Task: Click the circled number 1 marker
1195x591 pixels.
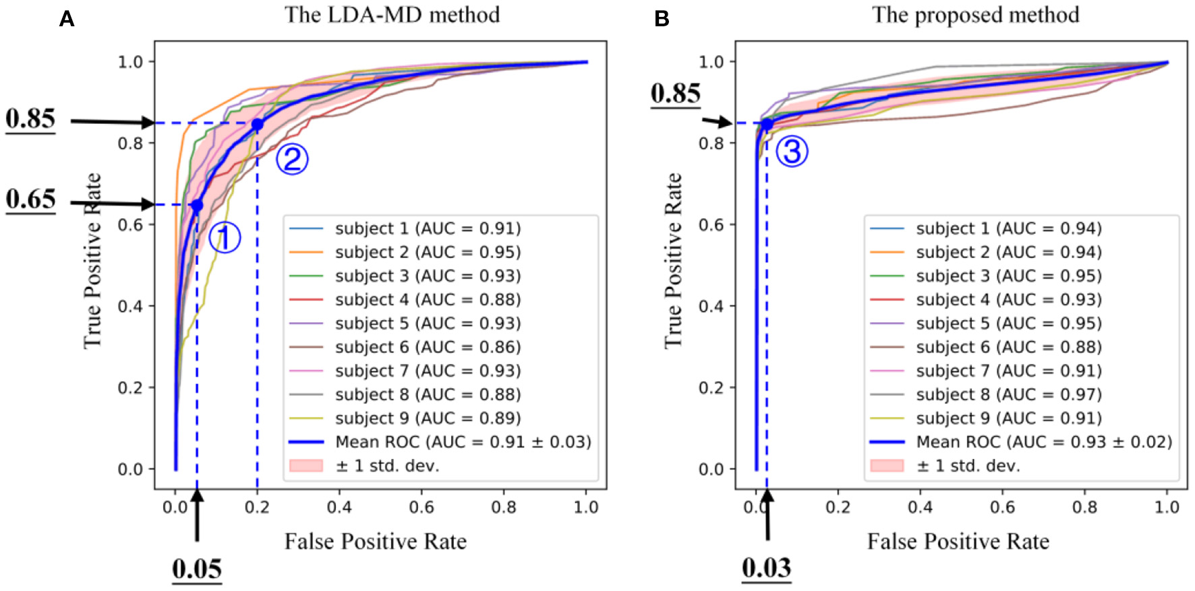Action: (225, 238)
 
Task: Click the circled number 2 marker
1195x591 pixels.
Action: (292, 160)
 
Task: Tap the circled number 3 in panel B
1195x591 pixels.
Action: (792, 151)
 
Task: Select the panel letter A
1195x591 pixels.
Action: (66, 19)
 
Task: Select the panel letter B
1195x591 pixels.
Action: (662, 19)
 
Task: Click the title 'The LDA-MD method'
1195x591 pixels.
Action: (392, 15)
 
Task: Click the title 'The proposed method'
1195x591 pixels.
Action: (975, 15)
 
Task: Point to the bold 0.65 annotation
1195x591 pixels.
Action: (30, 199)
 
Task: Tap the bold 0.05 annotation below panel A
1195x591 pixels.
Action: (197, 569)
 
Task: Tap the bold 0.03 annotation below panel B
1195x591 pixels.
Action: (767, 568)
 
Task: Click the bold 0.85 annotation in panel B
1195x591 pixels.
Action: (675, 93)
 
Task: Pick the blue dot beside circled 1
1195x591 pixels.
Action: (197, 206)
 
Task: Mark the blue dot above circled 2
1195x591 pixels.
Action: (257, 124)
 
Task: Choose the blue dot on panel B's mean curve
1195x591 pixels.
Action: (767, 124)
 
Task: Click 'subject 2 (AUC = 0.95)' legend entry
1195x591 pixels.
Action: (428, 252)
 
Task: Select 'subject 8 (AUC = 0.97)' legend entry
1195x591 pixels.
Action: (1008, 394)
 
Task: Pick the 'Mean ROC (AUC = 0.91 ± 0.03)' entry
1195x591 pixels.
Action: (463, 442)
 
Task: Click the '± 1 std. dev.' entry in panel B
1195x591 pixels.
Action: (968, 466)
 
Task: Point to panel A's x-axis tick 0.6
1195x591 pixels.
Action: (421, 507)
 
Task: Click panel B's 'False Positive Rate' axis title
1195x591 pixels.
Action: (958, 541)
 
